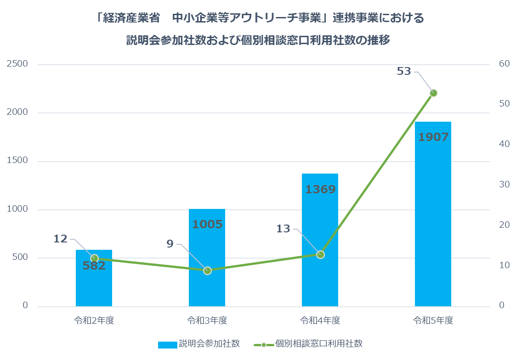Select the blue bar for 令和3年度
point(207,257)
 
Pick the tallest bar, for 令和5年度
point(433,216)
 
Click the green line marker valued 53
point(433,93)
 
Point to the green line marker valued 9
point(207,270)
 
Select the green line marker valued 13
point(320,254)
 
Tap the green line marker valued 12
point(94,258)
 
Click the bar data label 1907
point(433,137)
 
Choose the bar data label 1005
point(207,224)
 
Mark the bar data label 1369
point(320,189)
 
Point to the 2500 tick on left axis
point(17,64)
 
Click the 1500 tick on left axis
point(17,161)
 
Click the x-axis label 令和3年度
point(207,321)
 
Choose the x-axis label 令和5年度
point(433,321)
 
